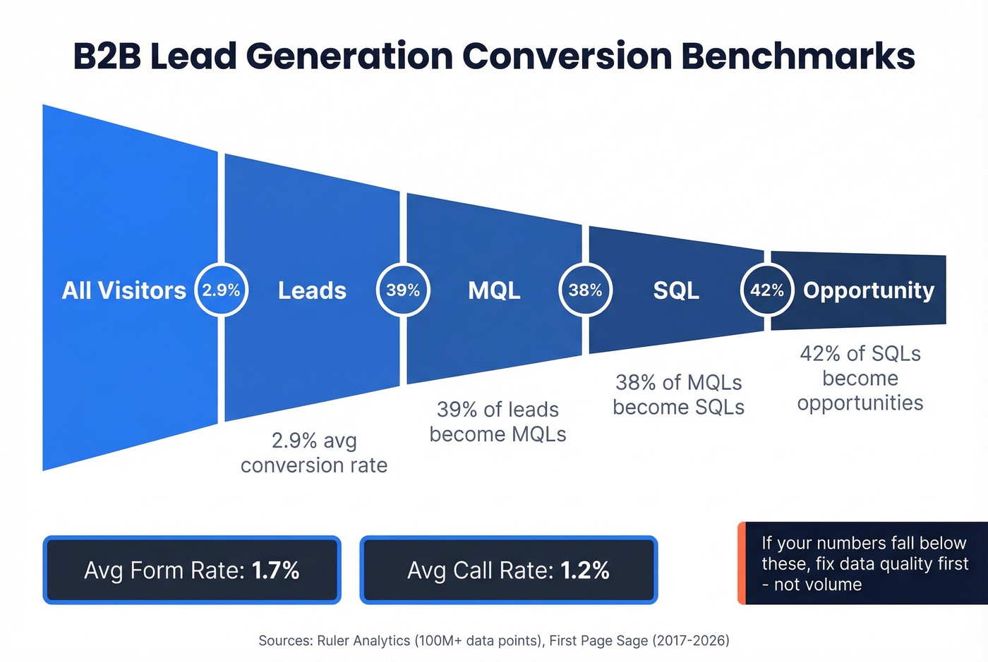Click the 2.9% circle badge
221,290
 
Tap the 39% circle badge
403,290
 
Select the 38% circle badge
585,290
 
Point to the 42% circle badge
767,290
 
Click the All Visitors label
123,290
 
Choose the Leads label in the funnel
312,290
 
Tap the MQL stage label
494,290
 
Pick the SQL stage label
676,290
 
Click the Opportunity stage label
868,290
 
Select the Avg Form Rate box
192,570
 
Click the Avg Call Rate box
508,570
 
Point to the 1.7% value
275,570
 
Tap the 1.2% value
585,570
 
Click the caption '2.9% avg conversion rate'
314,453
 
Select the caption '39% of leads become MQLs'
498,422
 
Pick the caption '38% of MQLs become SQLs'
678,395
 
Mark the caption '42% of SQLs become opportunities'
860,378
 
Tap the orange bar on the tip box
742,563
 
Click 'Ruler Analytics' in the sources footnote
363,641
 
